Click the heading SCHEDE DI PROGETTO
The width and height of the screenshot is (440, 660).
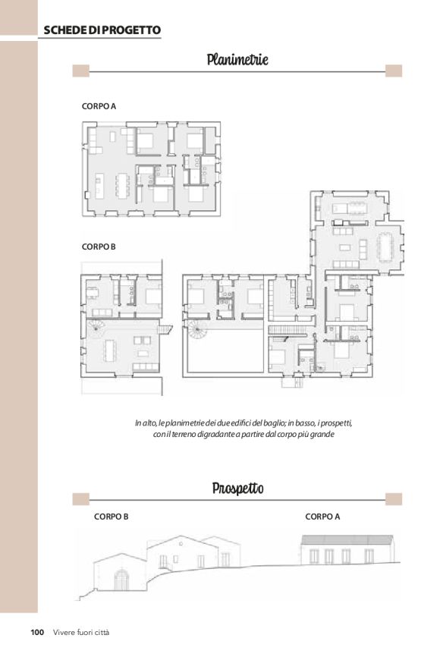102,30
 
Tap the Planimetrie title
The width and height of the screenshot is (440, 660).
237,59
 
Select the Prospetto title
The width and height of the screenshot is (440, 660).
238,489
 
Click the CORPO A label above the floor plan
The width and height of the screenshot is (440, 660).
99,106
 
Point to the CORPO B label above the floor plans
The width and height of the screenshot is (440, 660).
99,247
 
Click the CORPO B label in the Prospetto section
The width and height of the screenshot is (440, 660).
112,517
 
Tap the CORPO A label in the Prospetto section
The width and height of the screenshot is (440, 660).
322,517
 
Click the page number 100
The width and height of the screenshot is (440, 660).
37,632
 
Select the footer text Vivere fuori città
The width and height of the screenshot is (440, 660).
81,632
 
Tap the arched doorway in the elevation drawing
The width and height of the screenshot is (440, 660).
121,580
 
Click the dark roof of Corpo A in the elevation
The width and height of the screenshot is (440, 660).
347,539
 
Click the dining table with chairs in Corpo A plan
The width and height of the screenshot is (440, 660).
123,185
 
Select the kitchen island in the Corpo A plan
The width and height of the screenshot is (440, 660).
99,186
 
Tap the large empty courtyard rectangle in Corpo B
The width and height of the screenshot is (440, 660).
225,350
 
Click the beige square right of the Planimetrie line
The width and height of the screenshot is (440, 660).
394,71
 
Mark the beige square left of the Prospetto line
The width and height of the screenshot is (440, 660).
81,499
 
